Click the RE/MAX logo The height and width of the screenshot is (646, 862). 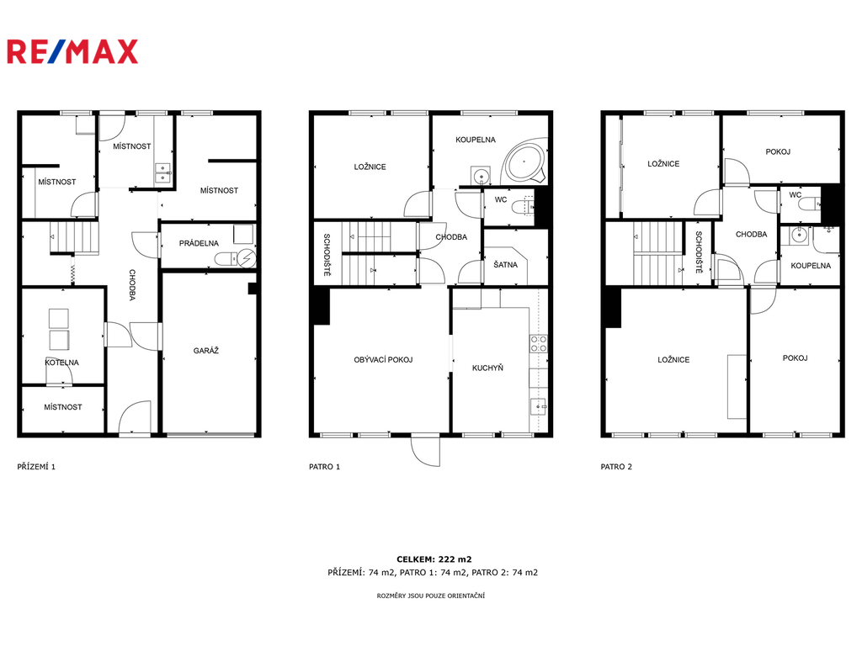72,51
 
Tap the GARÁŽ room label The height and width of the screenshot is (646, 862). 206,351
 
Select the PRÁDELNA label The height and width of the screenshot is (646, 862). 199,243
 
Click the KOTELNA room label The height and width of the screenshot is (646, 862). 62,363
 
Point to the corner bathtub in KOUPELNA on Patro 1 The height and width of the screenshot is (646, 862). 524,162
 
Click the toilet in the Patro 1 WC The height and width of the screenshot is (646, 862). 522,207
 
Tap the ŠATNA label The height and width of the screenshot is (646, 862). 505,265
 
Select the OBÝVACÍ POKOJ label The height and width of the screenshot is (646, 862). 383,360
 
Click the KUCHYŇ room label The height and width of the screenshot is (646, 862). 487,368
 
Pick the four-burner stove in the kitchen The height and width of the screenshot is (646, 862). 538,344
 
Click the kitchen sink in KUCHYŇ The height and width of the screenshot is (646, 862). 538,406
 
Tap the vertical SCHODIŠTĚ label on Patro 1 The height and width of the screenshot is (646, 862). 327,254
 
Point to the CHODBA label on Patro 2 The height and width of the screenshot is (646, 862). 752,234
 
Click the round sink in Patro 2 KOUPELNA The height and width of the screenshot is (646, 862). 798,236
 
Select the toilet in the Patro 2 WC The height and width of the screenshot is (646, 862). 810,205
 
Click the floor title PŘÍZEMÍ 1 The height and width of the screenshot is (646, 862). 36,467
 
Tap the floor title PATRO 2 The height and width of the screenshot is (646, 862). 616,467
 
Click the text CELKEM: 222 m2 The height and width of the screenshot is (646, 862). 434,559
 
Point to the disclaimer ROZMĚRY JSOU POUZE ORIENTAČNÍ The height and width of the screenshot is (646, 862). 431,596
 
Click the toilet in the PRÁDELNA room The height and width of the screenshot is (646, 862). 226,259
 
